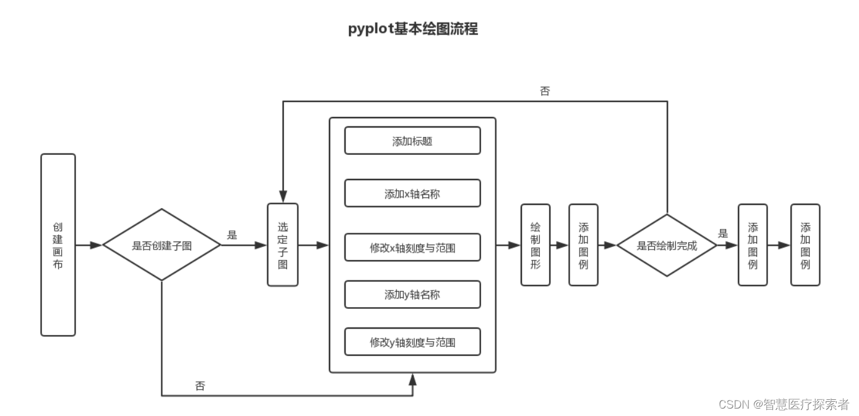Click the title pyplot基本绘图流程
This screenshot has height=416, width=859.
click(412, 29)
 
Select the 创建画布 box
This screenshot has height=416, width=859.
click(58, 245)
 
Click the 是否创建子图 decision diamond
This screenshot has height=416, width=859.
click(161, 245)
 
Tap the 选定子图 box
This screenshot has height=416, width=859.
click(283, 245)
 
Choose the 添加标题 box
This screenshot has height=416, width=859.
click(412, 141)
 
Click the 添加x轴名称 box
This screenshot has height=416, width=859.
click(412, 194)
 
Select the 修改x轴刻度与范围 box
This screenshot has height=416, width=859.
click(412, 248)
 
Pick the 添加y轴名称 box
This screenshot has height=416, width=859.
click(412, 295)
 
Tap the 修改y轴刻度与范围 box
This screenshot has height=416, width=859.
click(412, 342)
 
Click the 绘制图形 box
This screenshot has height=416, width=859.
click(536, 245)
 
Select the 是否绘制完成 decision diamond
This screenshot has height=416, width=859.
click(667, 245)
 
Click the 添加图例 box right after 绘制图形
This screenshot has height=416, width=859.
click(583, 245)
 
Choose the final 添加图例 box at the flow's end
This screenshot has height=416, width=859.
click(805, 245)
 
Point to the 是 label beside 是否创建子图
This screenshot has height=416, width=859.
click(233, 235)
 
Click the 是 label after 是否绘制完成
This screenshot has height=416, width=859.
click(723, 234)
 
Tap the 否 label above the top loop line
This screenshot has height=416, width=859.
click(545, 92)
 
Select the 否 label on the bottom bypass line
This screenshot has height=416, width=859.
click(200, 386)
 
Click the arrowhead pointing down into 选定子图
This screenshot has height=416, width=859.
click(283, 197)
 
